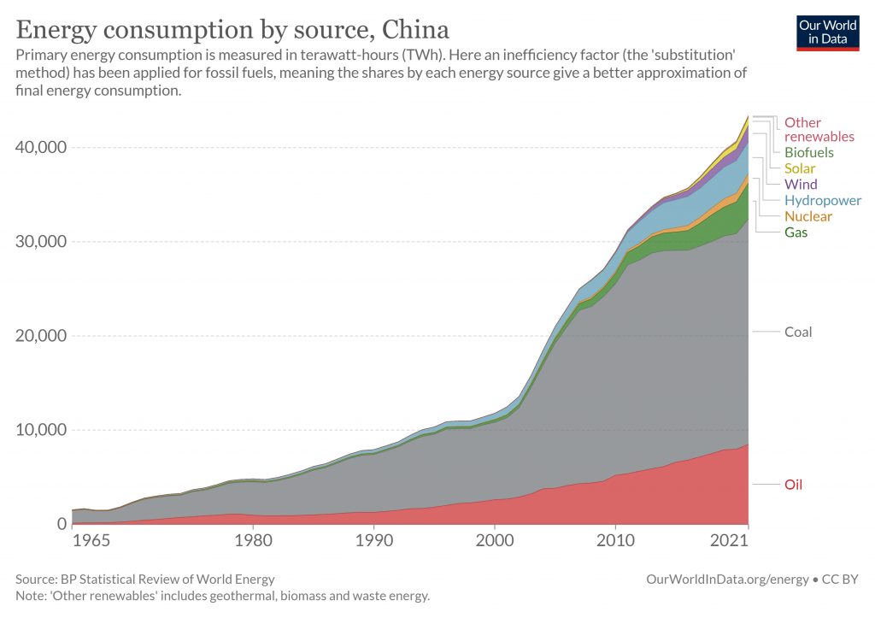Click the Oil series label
pos(793,485)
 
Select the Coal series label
pos(798,333)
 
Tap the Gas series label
pos(796,232)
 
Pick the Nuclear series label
pos(808,216)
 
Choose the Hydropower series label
pos(823,200)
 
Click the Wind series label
pos(801,185)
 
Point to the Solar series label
pos(800,168)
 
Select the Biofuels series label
pos(808,152)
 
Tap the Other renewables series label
pos(819,130)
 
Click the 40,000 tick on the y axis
pos(41,147)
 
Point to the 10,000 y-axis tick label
pos(41,430)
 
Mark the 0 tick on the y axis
pos(62,524)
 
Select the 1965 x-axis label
pos(91,540)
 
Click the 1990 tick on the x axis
pos(374,540)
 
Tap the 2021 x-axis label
pos(728,540)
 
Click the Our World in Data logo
pos(827,33)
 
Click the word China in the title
pos(415,30)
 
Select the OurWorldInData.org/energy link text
pos(727,580)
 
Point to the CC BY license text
pos(840,580)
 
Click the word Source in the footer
pos(36,580)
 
